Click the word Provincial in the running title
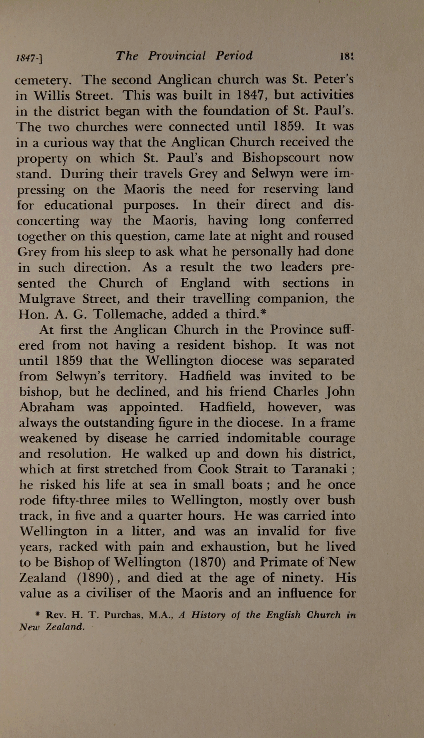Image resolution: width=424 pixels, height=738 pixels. point(177,56)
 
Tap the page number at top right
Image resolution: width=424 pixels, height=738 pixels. point(346,56)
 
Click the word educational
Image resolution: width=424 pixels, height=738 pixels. point(78,205)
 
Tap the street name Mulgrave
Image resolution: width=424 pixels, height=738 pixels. point(48,299)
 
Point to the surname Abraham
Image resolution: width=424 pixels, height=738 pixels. point(46,407)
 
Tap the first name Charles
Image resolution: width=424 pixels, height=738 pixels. point(295,392)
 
